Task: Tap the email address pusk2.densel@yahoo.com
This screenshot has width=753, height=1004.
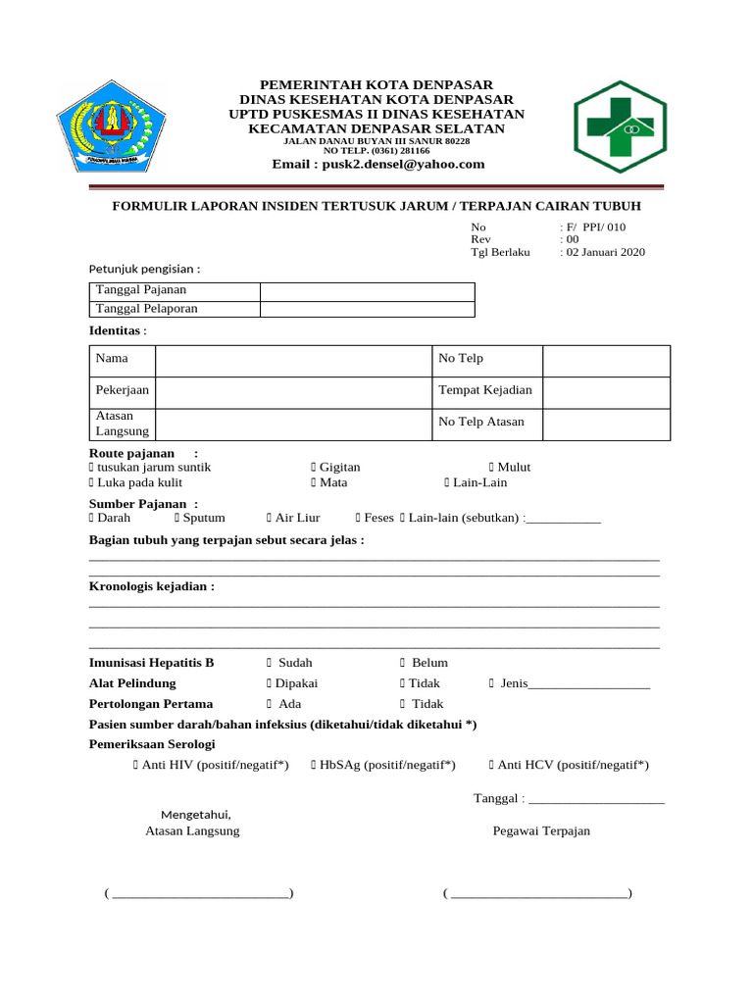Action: pos(378,164)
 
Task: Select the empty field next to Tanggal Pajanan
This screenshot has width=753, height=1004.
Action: pos(367,291)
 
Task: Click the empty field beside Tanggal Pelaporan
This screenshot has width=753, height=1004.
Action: pos(367,309)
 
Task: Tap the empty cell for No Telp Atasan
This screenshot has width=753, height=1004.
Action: pos(606,423)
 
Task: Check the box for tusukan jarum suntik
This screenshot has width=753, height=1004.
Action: pos(91,468)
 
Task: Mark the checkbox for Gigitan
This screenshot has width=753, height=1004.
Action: pos(314,468)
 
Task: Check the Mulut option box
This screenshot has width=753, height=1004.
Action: pos(491,468)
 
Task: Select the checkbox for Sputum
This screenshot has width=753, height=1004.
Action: pos(177,518)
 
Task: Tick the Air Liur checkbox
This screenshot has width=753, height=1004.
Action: pos(269,518)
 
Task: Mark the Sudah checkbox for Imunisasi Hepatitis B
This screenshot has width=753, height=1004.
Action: pos(269,664)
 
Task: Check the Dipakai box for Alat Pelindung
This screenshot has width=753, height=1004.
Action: pos(269,683)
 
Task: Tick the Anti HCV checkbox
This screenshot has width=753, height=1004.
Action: pos(491,765)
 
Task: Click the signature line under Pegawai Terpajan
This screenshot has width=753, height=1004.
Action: pos(537,893)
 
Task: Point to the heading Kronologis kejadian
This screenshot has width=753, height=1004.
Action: pos(151,586)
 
